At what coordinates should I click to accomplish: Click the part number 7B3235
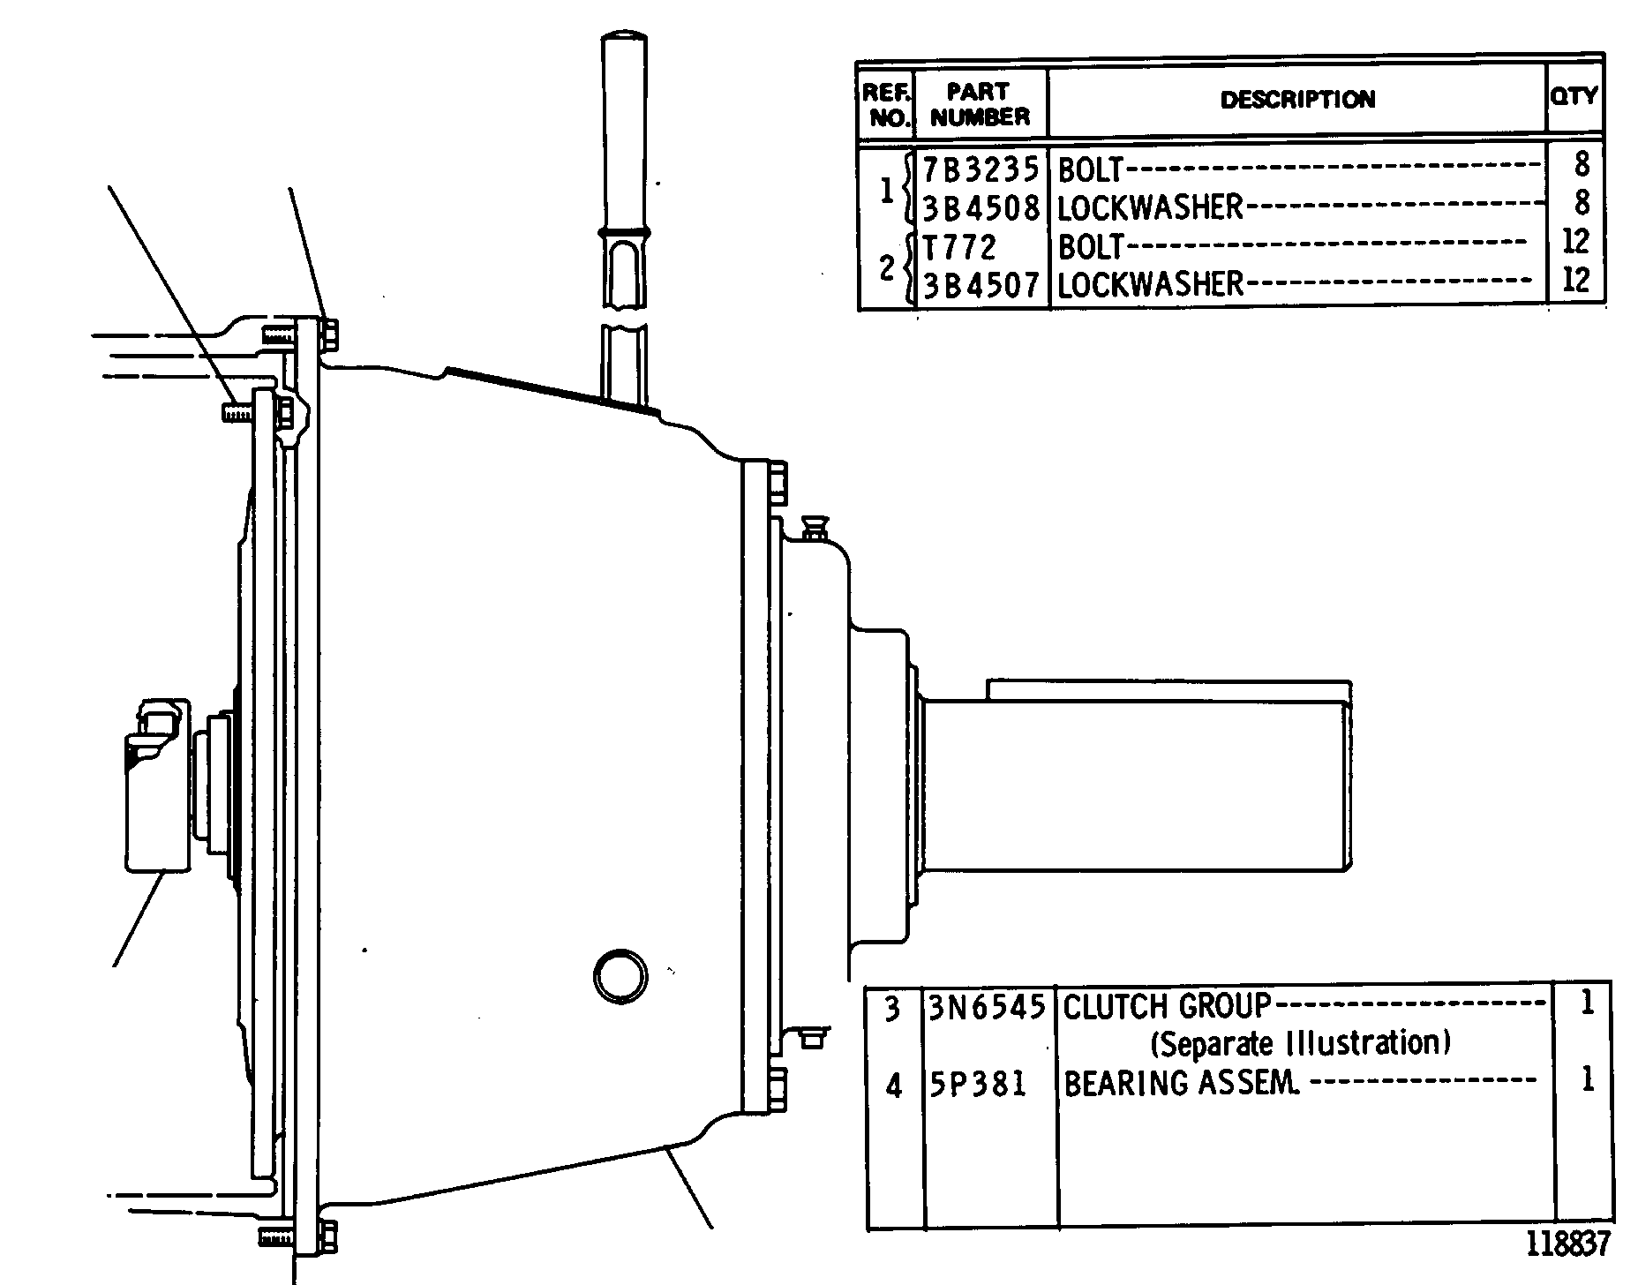(981, 168)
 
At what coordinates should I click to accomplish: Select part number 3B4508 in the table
(981, 207)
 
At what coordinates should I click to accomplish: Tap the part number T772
(959, 247)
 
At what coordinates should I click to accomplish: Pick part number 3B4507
(981, 285)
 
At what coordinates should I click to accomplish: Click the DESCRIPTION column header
(1297, 99)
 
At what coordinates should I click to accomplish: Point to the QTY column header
(1575, 94)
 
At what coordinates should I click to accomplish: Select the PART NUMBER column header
(981, 104)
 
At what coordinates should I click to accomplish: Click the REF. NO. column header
(886, 105)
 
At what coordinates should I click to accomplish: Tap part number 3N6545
(987, 1007)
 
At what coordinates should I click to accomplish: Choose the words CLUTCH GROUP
(1167, 1006)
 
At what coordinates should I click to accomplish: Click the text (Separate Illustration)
(1301, 1044)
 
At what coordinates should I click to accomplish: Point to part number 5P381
(978, 1083)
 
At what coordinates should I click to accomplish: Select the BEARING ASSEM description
(1182, 1083)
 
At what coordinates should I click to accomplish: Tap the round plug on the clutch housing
(620, 976)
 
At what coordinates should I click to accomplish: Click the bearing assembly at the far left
(157, 785)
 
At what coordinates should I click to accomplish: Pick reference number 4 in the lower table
(893, 1086)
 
